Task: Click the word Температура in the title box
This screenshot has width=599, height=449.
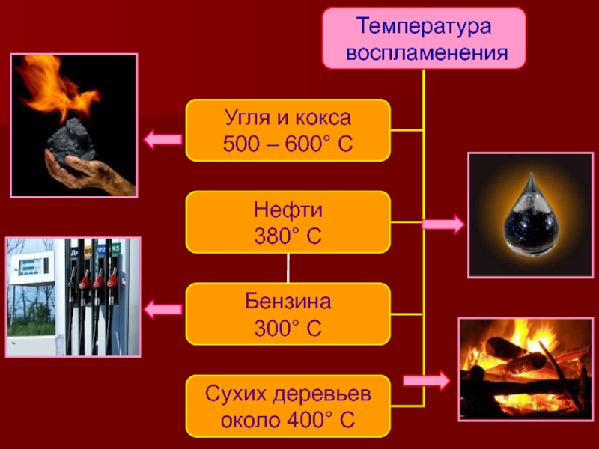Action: [x=424, y=27]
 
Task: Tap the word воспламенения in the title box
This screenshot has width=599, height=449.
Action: [x=424, y=52]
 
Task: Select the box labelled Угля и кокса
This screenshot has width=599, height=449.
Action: [x=288, y=130]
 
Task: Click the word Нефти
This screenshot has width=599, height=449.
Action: [x=288, y=210]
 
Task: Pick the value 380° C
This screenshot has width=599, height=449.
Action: [x=288, y=236]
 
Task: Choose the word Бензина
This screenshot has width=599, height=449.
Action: [x=288, y=302]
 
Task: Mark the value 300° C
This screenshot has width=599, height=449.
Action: [x=288, y=329]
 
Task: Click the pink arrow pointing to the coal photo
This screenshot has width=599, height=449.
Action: [x=162, y=138]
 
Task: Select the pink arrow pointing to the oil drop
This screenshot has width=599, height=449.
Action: [x=443, y=223]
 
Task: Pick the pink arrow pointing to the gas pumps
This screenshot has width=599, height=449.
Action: [x=162, y=307]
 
